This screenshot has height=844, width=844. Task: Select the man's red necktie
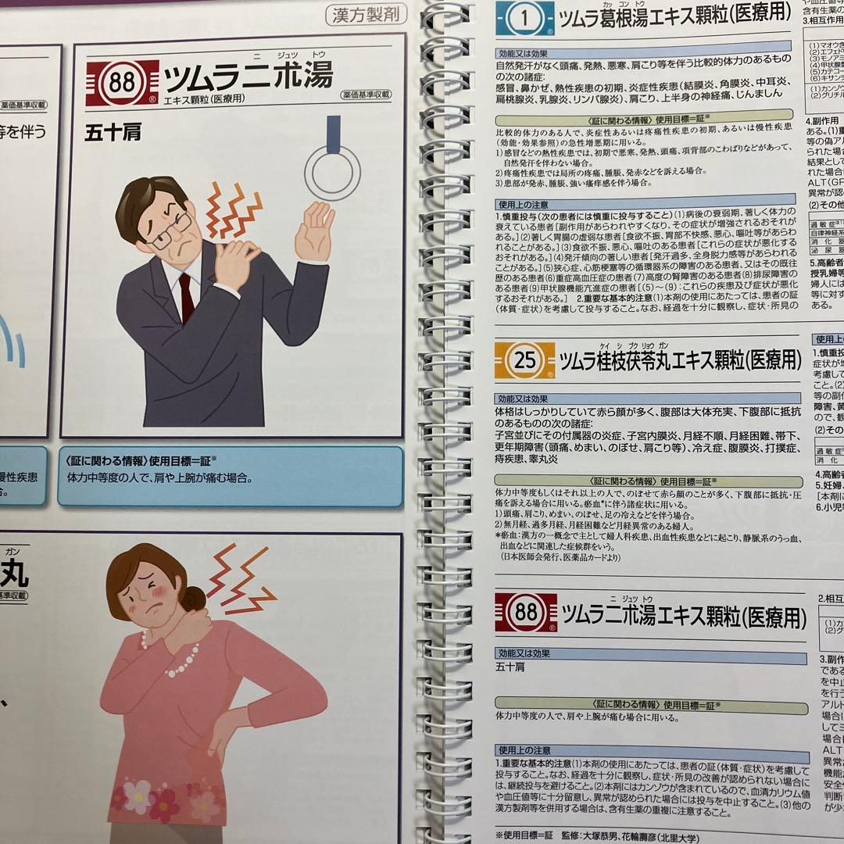coord(186,297)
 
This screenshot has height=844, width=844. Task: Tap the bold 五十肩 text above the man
coord(113,133)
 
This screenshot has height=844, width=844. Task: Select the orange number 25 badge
coord(524,360)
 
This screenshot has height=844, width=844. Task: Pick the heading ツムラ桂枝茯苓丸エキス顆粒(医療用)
coord(680,360)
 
